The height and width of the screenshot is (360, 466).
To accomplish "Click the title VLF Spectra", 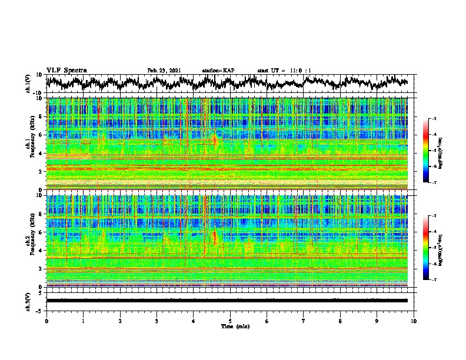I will [x=66, y=71].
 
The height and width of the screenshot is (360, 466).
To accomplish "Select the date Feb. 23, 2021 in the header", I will [x=164, y=71].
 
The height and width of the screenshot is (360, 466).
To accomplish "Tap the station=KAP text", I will [x=218, y=71].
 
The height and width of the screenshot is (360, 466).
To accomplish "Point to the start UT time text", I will [x=284, y=71].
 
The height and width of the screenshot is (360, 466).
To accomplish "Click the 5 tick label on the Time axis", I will [x=230, y=321].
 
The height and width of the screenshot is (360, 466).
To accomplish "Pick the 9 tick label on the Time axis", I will [x=377, y=321].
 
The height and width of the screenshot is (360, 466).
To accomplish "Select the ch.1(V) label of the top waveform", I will [x=29, y=84].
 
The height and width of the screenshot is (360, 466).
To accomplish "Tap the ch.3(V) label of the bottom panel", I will [x=29, y=301].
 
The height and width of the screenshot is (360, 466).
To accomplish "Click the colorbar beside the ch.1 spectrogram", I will [x=427, y=151].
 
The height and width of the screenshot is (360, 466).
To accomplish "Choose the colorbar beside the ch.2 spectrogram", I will [x=427, y=248].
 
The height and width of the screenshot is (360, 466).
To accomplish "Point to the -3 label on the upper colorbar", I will [x=434, y=119].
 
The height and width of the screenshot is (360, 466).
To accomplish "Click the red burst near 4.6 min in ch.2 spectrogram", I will [x=215, y=238].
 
